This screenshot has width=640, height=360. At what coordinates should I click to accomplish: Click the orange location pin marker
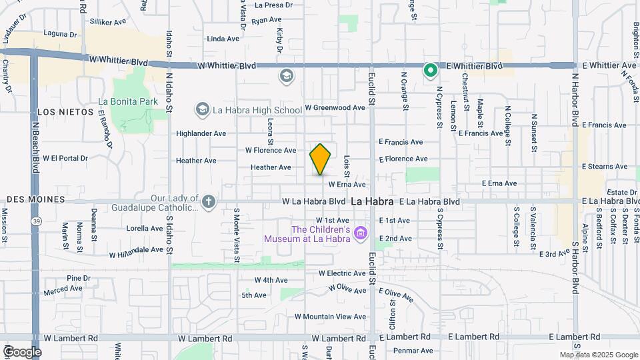point(321,159)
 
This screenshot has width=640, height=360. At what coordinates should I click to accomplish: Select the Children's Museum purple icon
point(361,233)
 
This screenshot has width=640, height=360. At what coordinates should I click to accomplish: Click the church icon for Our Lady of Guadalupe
point(209,201)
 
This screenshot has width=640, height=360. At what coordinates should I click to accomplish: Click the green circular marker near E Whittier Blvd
point(431,69)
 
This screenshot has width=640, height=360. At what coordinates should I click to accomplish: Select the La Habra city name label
point(370,201)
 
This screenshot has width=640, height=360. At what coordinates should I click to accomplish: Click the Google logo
point(21,351)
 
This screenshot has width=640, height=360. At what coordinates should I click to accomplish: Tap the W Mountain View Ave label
point(331,317)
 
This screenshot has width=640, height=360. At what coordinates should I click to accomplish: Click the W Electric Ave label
point(342,273)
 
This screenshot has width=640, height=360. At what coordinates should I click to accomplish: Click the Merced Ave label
point(63,291)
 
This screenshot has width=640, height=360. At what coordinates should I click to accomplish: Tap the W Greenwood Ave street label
point(335,107)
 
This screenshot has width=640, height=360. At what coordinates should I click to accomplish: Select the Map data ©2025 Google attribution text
point(598,355)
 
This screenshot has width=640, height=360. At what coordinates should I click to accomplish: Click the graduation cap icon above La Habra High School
point(287,76)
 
